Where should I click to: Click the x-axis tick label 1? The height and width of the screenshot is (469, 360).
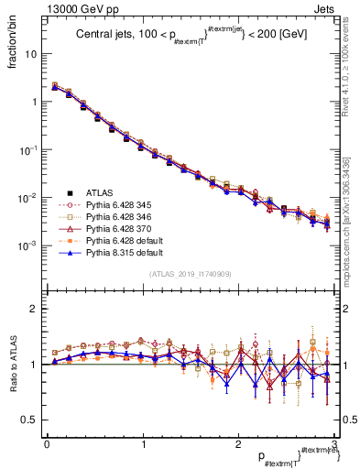(142, 443)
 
